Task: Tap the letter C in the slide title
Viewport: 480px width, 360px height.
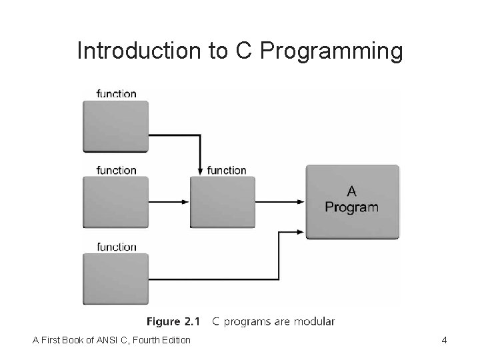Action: click(x=243, y=51)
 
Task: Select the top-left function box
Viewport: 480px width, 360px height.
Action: click(x=115, y=127)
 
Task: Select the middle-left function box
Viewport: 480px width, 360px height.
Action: click(x=115, y=203)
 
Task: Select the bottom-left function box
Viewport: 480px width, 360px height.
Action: click(x=115, y=279)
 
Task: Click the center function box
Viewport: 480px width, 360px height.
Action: click(x=223, y=203)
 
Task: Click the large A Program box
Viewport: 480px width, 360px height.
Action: click(x=352, y=202)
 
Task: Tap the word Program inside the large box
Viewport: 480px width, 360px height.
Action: click(x=351, y=207)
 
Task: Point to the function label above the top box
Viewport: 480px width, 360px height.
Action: click(x=116, y=93)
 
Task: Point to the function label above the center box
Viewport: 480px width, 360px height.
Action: click(x=227, y=170)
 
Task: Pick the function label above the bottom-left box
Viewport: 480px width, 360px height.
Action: click(x=116, y=247)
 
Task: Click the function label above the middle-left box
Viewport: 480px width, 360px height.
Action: click(x=116, y=170)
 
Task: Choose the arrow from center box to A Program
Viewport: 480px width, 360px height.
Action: click(x=280, y=202)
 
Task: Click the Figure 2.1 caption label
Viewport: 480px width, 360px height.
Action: click(x=173, y=322)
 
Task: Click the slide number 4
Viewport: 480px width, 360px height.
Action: click(x=444, y=341)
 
